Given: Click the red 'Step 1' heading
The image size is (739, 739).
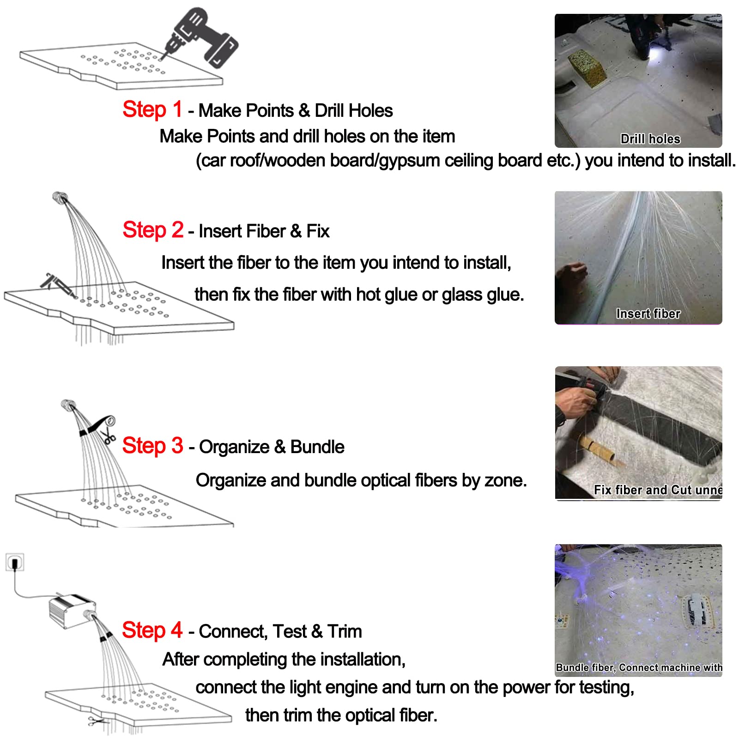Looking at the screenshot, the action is (x=152, y=110).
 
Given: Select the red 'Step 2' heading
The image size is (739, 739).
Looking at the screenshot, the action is (x=153, y=230).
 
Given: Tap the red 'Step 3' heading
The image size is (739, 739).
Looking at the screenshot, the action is (x=152, y=446).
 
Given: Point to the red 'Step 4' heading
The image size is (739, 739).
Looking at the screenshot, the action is (x=152, y=630).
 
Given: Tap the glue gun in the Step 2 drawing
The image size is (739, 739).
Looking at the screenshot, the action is (x=58, y=285).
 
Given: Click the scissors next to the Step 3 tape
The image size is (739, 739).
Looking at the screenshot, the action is (x=109, y=435).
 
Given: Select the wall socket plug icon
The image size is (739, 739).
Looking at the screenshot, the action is (x=15, y=563).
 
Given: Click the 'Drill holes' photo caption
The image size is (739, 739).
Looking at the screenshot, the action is (x=650, y=139).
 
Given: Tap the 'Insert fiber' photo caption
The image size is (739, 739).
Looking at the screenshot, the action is (x=648, y=314).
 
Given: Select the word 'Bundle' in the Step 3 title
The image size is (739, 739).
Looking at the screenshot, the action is (x=317, y=447).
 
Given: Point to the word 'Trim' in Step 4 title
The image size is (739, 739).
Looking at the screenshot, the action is (x=345, y=631).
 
